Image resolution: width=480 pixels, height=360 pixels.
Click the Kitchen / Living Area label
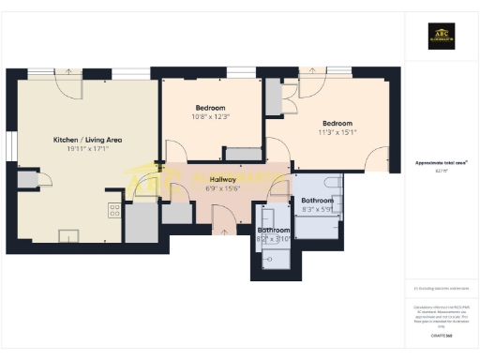point(87,140)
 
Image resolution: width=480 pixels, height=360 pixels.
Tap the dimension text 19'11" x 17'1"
point(87,150)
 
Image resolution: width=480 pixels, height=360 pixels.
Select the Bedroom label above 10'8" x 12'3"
point(211,106)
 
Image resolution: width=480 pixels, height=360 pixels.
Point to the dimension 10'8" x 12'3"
point(211,116)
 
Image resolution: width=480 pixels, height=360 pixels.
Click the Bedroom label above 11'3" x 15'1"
point(337,124)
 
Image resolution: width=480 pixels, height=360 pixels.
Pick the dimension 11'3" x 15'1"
point(337,133)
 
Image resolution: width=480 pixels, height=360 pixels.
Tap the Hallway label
point(223,179)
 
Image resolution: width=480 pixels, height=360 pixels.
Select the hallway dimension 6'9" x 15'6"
point(223,188)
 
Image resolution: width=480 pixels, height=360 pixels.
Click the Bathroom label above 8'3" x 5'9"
point(317,201)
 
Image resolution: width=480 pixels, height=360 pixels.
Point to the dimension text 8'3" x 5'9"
point(317,210)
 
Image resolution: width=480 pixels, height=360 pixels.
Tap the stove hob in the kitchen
point(114,210)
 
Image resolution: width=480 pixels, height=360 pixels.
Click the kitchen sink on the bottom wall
point(68,235)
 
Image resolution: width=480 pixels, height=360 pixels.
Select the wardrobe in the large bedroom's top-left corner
point(273,97)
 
